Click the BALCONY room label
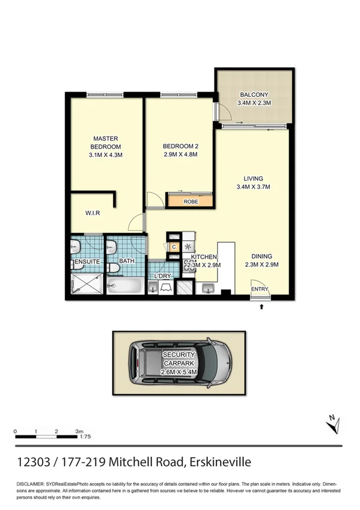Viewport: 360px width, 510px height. [254, 99]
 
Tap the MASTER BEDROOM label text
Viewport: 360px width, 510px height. [105, 146]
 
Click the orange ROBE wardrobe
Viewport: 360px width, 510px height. [191, 201]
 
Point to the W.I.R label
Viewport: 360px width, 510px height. [92, 213]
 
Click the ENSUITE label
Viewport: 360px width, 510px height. [87, 262]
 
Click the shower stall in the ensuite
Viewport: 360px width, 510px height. [88, 284]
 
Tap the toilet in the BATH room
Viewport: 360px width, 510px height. [112, 268]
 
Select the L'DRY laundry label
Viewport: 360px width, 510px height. [163, 276]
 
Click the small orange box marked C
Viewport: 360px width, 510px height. [174, 247]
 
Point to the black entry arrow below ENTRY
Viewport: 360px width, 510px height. [261, 307]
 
